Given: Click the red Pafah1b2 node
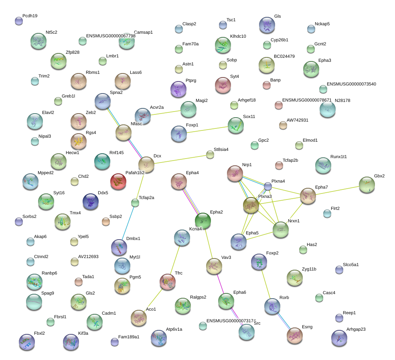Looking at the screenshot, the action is (118, 181).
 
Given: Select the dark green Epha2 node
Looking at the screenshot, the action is (203, 221).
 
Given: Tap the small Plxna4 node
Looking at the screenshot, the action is (268, 186).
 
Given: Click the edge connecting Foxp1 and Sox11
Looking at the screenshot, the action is (207, 130).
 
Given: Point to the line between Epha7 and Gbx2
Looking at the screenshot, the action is (337, 190).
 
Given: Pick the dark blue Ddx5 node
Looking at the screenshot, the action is (91, 201).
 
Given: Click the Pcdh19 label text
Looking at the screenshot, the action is (30, 16).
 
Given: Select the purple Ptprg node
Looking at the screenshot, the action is (178, 89).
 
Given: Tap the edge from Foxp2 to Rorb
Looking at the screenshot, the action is (266, 284).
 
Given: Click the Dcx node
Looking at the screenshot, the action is (146, 165).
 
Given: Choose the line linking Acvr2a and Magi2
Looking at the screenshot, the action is (166, 113).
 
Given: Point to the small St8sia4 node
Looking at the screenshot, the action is (210, 155).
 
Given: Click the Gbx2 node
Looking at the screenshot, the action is (367, 185).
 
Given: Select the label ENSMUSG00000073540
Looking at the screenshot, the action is (351, 84).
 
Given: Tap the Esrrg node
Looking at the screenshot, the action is (294, 336).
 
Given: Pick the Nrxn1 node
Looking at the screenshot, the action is (280, 230).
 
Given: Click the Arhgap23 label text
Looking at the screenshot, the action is (356, 329).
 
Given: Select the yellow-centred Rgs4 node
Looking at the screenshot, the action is (79, 141).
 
